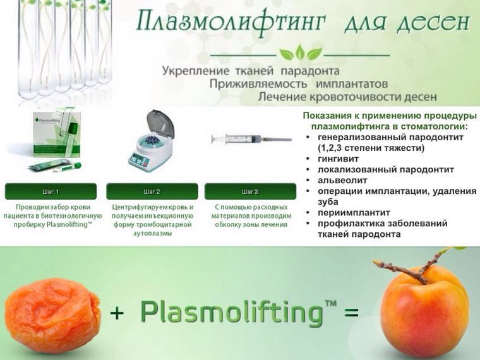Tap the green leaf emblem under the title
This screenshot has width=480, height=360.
click(300, 52)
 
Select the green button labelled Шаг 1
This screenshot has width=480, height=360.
click(51, 191)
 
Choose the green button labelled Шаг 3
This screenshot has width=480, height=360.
click(250, 191)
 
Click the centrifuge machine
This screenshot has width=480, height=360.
click(152, 141)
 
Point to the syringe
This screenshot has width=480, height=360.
click(251, 140)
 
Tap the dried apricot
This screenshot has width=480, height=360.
click(52, 315)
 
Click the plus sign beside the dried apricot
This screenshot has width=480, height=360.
click(117, 313)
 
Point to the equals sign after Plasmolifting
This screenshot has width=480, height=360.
click(351, 313)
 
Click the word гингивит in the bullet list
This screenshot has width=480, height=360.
click(338, 159)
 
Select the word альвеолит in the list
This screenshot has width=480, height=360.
click(342, 180)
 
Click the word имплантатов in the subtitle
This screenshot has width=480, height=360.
click(352, 84)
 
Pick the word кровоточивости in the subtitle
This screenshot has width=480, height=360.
click(355, 97)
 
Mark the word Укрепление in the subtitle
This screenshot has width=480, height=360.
click(195, 71)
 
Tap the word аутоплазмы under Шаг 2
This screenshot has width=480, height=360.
click(152, 233)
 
